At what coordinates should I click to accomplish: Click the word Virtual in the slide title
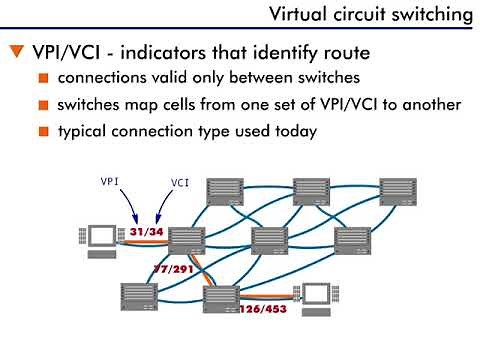(x=299, y=14)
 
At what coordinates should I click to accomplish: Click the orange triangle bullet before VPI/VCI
(x=15, y=51)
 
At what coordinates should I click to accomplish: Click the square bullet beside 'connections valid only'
(x=44, y=78)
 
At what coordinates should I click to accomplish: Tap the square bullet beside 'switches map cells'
(x=44, y=105)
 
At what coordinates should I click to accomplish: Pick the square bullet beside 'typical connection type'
(x=44, y=131)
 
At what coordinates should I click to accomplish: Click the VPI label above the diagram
(x=111, y=183)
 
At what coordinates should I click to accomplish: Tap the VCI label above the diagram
(x=181, y=183)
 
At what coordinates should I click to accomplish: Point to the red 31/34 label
(x=146, y=231)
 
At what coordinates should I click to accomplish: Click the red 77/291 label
(x=172, y=269)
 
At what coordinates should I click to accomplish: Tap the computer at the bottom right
(x=315, y=297)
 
